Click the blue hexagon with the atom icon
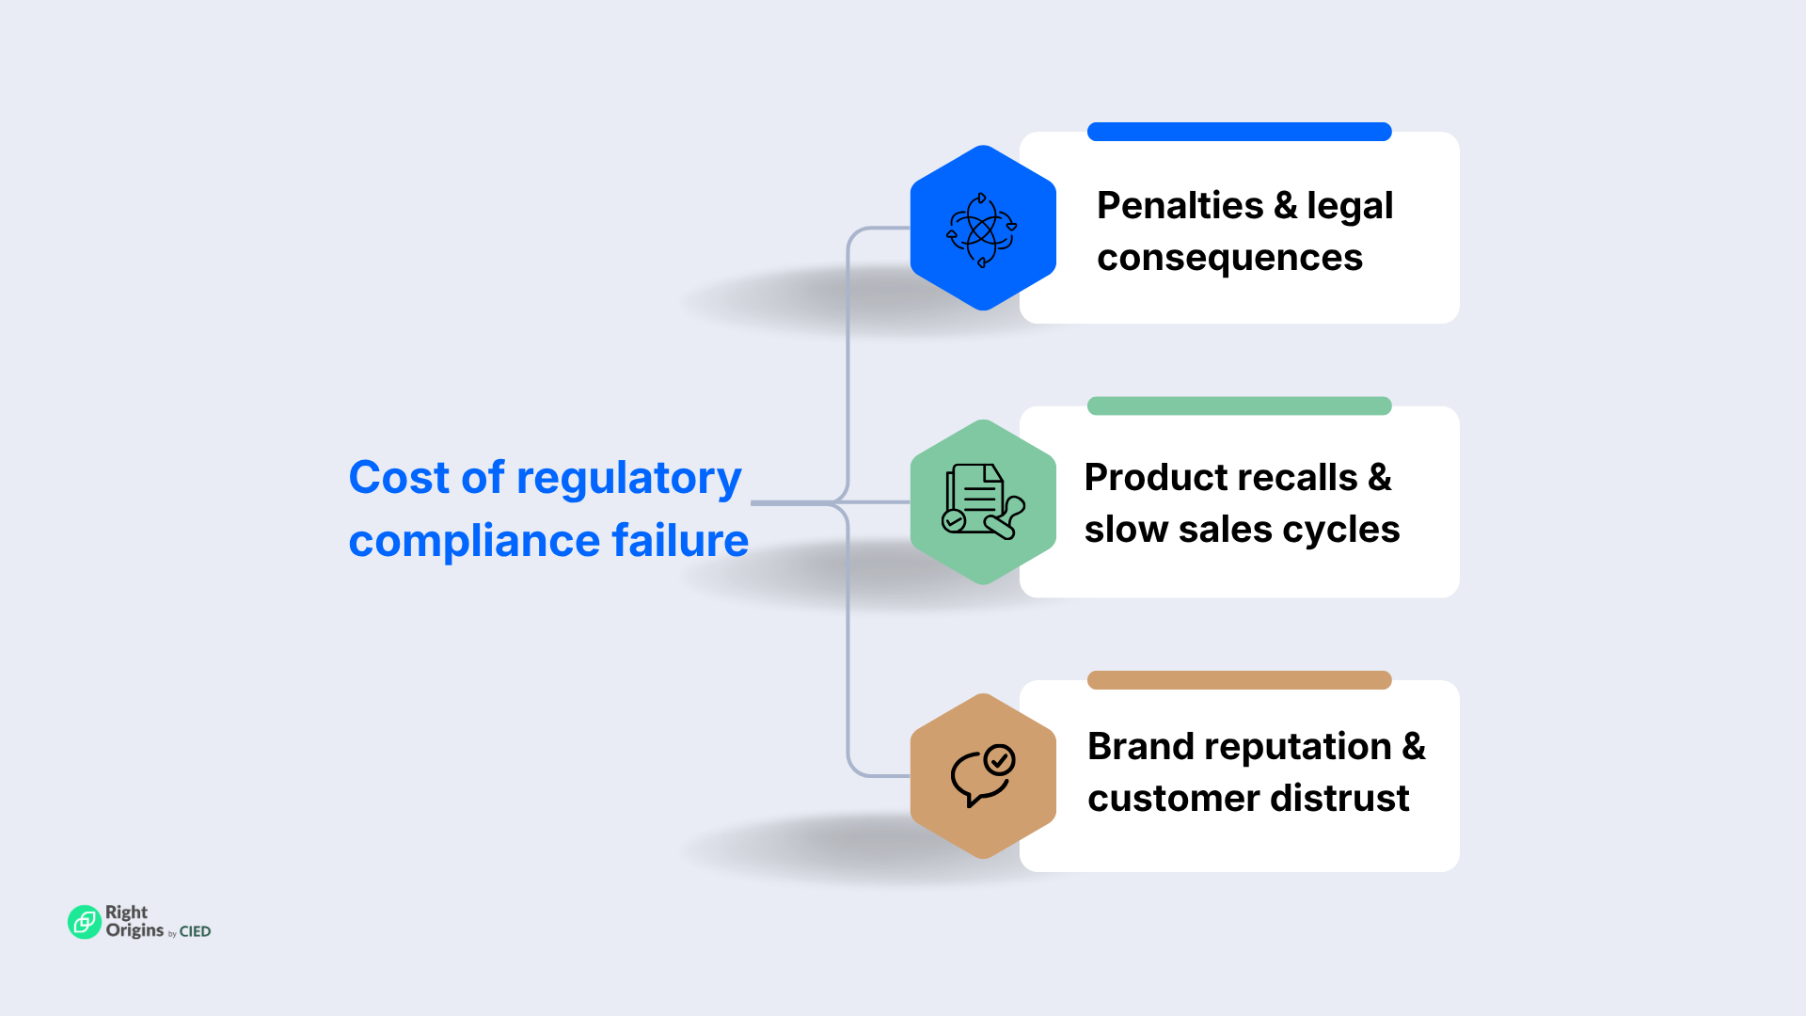point(983,228)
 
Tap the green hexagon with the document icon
point(983,501)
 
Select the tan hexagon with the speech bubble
point(983,776)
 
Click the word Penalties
point(1180,205)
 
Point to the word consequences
point(1229,258)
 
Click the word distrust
point(1340,799)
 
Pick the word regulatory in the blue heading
point(628,479)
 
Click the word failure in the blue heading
point(679,541)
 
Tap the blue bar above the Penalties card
point(1239,132)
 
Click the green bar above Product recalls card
point(1239,405)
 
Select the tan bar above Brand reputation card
point(1239,680)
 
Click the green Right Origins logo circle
point(84,922)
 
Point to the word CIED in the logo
point(195,931)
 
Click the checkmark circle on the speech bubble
point(999,759)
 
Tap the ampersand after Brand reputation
point(1414,747)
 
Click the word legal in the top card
point(1350,206)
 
